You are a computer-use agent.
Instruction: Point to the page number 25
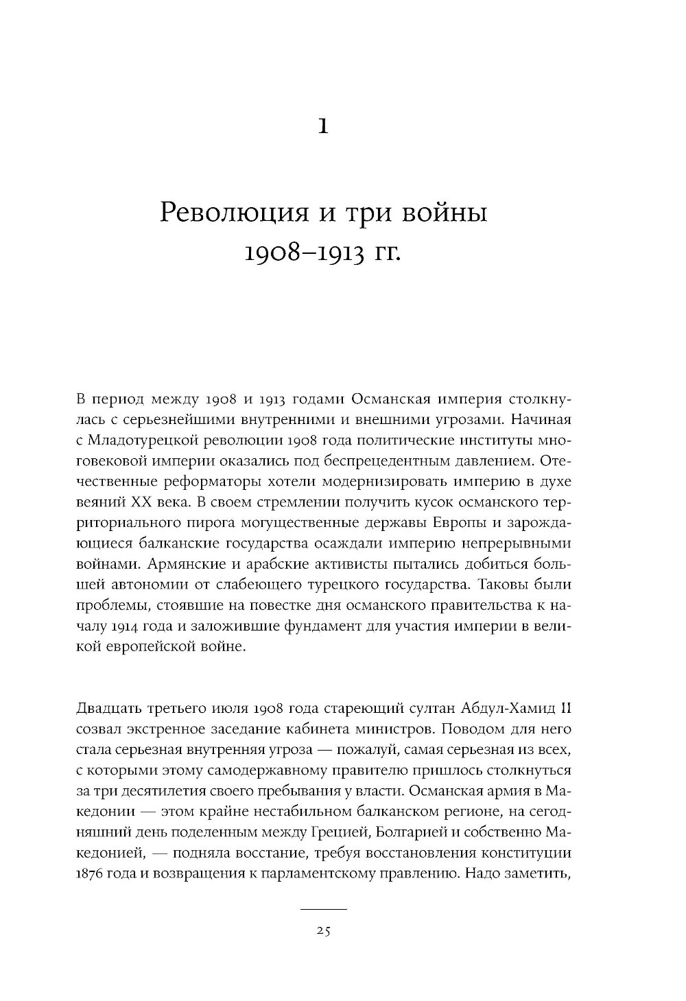click(x=324, y=931)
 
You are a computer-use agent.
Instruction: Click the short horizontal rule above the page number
click(x=324, y=909)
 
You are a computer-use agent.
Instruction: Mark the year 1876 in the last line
click(x=86, y=875)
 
